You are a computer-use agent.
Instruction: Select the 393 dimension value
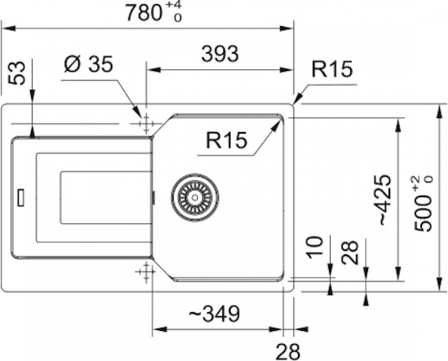220,54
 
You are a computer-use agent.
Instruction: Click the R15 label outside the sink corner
332,69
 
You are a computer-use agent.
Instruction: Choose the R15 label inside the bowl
226,140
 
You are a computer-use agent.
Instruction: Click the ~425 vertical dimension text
385,200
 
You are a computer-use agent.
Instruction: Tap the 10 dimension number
316,247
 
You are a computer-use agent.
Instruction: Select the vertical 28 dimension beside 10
350,252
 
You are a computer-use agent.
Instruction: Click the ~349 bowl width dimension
214,313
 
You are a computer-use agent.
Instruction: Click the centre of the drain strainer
196,197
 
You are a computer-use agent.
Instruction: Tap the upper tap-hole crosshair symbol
146,124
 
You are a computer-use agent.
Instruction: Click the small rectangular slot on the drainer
21,197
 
